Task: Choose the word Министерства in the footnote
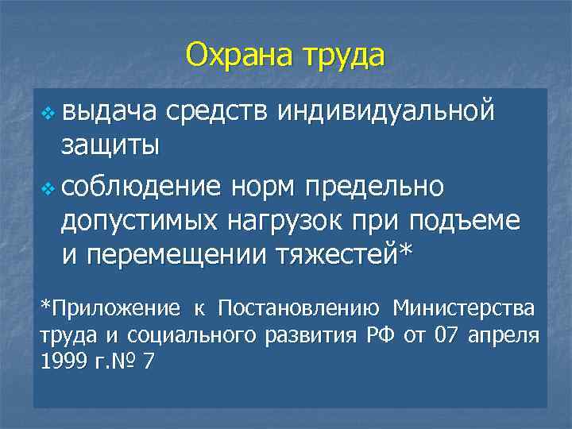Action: [x=464, y=307]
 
